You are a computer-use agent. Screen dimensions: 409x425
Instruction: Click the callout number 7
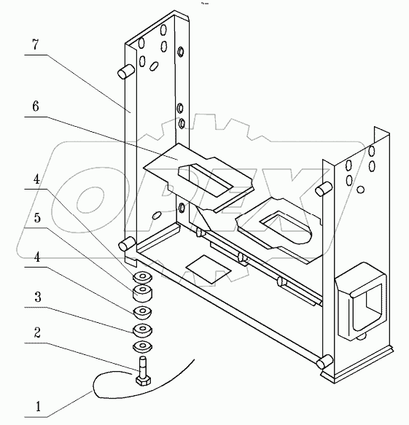(x=36, y=44)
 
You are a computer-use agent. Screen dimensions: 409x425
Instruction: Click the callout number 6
(x=36, y=106)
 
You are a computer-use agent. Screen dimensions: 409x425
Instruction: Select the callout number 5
(x=37, y=218)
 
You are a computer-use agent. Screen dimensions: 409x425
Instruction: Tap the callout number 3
(x=38, y=297)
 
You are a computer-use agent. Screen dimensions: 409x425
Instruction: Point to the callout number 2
(x=37, y=332)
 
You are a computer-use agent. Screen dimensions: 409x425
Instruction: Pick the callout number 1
(x=38, y=406)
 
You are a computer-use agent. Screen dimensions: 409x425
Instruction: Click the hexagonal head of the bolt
(x=143, y=380)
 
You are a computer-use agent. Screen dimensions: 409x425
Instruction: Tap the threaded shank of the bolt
(x=143, y=366)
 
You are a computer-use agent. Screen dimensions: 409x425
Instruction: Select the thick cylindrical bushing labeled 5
(x=142, y=293)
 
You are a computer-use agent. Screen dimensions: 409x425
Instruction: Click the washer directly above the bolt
(x=142, y=347)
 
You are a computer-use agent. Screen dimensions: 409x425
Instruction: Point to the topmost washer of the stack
(x=142, y=278)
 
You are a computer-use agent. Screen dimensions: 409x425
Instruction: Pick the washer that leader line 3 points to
(x=142, y=330)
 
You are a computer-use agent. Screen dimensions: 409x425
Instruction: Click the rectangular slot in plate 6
(x=205, y=180)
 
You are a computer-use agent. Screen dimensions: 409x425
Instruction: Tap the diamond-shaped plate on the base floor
(x=209, y=269)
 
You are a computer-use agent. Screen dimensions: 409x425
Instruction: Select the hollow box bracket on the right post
(x=360, y=301)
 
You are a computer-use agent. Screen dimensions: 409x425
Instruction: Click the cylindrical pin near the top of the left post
(x=126, y=71)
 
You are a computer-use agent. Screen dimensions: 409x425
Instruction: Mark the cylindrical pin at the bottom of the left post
(x=127, y=243)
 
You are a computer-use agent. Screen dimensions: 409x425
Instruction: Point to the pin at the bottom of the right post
(x=324, y=362)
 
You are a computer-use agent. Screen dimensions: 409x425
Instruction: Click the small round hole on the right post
(x=360, y=190)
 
